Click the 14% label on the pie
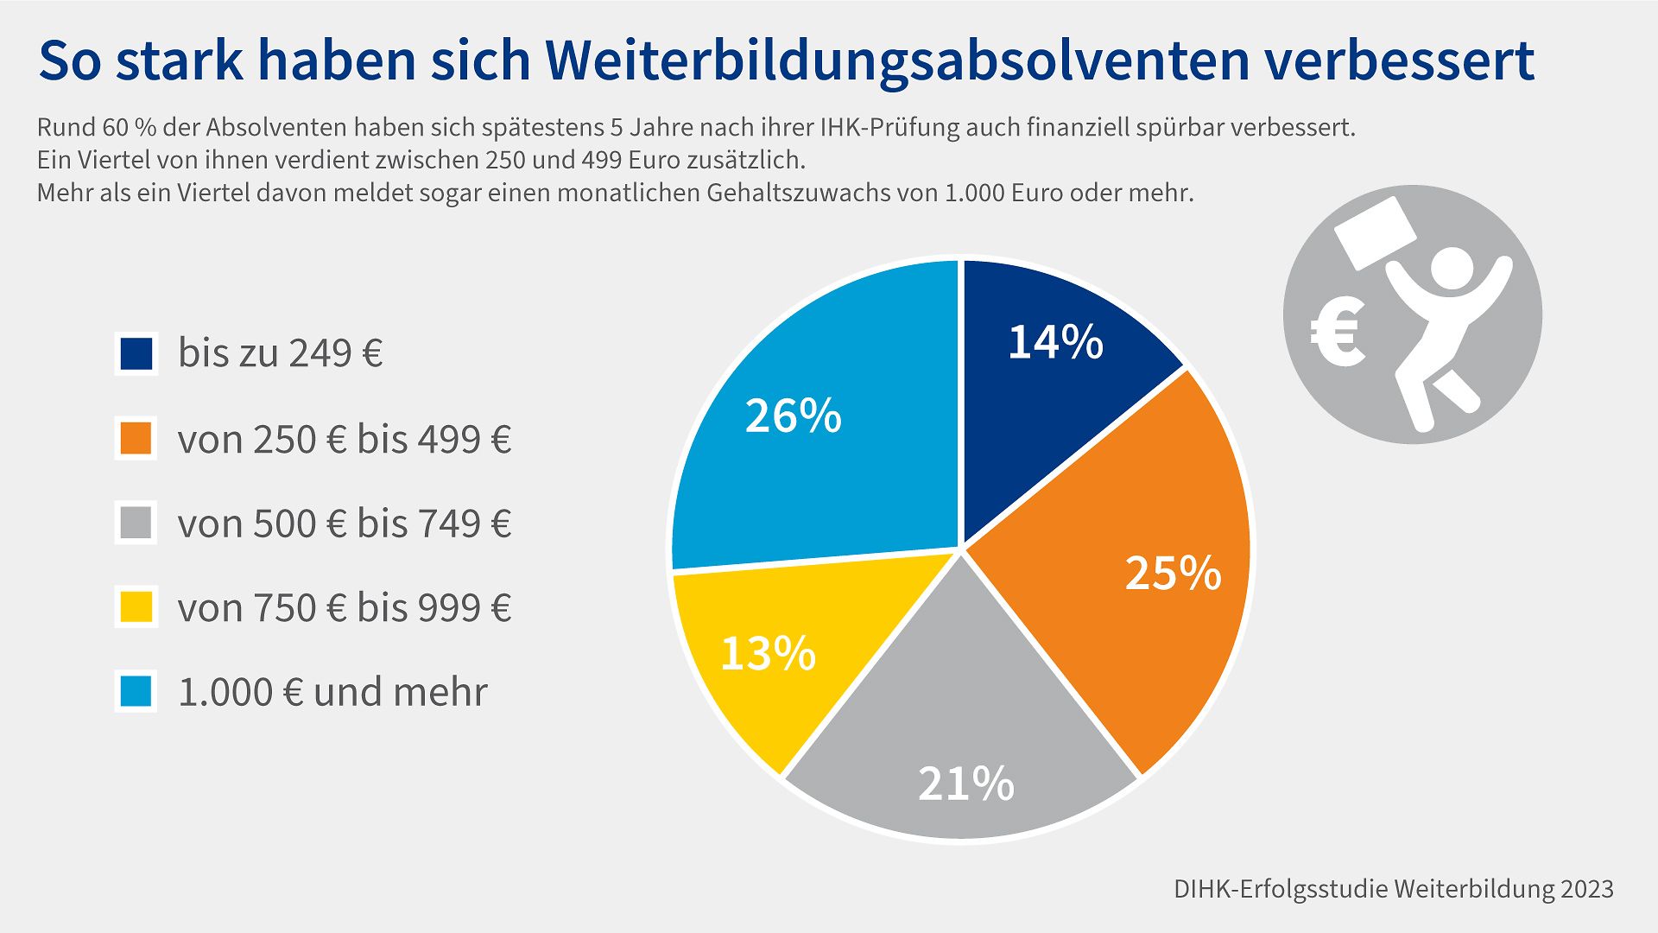(1055, 342)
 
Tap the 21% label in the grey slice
(965, 784)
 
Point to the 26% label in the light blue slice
(793, 416)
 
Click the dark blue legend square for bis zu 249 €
(136, 353)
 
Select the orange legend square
(136, 438)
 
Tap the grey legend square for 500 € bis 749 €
(136, 523)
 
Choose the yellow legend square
(136, 606)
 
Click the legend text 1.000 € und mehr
(332, 692)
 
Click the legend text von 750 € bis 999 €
(344, 607)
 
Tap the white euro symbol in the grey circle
(1337, 333)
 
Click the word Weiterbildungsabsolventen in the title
(897, 60)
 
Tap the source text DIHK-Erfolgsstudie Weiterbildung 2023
(1393, 889)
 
